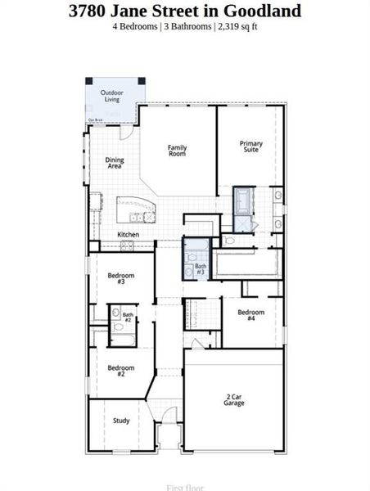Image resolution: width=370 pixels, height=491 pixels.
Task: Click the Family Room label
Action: pos(178,150)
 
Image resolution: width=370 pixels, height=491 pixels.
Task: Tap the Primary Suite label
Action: pos(250,146)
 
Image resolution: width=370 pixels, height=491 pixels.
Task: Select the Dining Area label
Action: pos(115,163)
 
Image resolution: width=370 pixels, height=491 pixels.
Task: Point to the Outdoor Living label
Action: pos(112,97)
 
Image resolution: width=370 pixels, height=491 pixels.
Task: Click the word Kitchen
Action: pos(129,235)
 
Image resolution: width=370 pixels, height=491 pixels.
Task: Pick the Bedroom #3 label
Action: pos(120,278)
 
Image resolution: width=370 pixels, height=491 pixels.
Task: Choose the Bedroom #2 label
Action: pos(120,370)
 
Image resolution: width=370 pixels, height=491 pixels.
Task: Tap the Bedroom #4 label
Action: pos(250,315)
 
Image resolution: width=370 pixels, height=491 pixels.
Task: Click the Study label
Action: pos(121,421)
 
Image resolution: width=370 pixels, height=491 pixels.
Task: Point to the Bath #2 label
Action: pos(128,317)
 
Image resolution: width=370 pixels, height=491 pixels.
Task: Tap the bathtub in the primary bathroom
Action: pos(245,200)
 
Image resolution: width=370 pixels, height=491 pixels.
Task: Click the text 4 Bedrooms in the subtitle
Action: pos(136,26)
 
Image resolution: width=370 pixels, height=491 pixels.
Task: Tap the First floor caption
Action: pos(184,488)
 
